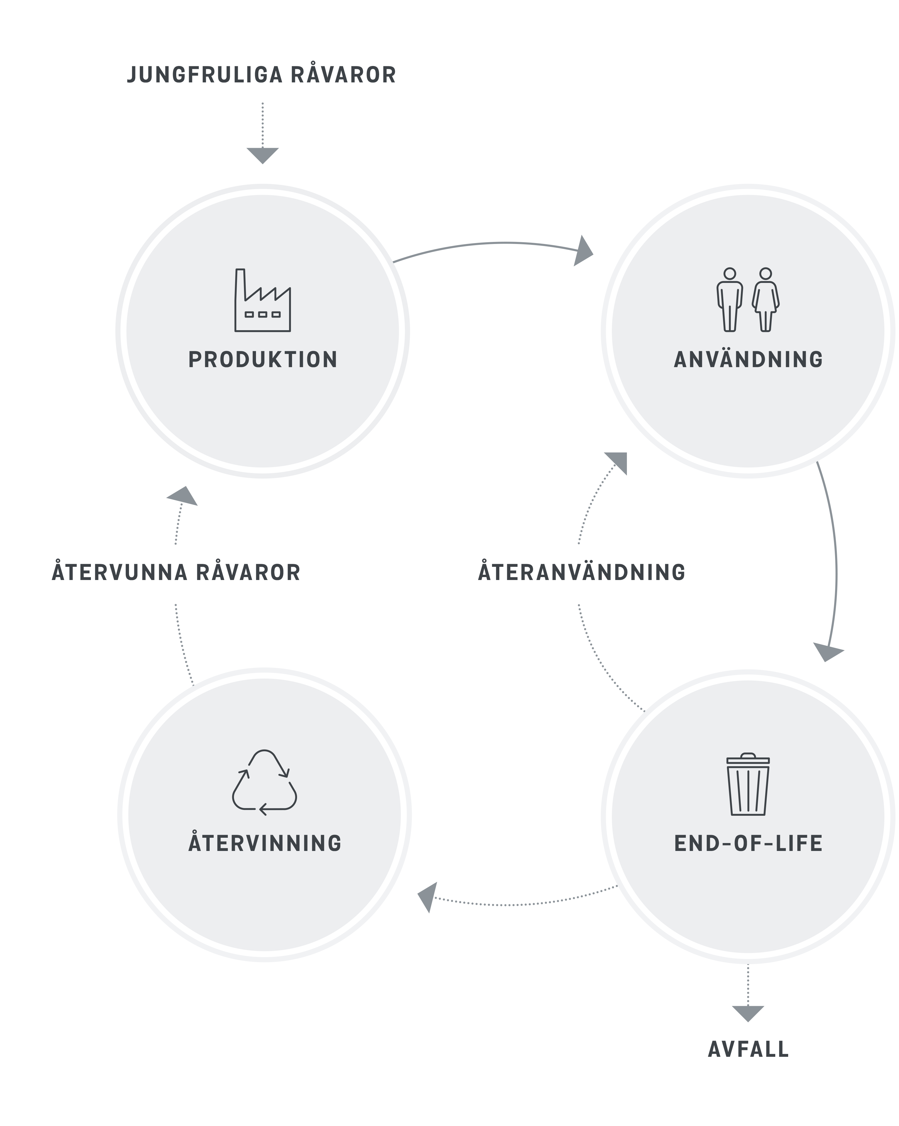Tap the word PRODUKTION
click(x=263, y=360)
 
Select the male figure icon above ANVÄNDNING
click(x=730, y=300)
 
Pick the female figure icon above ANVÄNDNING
click(x=765, y=300)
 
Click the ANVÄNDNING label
click(x=748, y=360)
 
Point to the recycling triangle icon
click(x=264, y=782)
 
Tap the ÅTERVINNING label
click(x=265, y=843)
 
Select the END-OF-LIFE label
click(x=748, y=843)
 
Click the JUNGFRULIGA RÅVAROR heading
click(x=261, y=75)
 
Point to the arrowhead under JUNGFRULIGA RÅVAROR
click(x=263, y=155)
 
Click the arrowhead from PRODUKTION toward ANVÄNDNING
click(x=583, y=252)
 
